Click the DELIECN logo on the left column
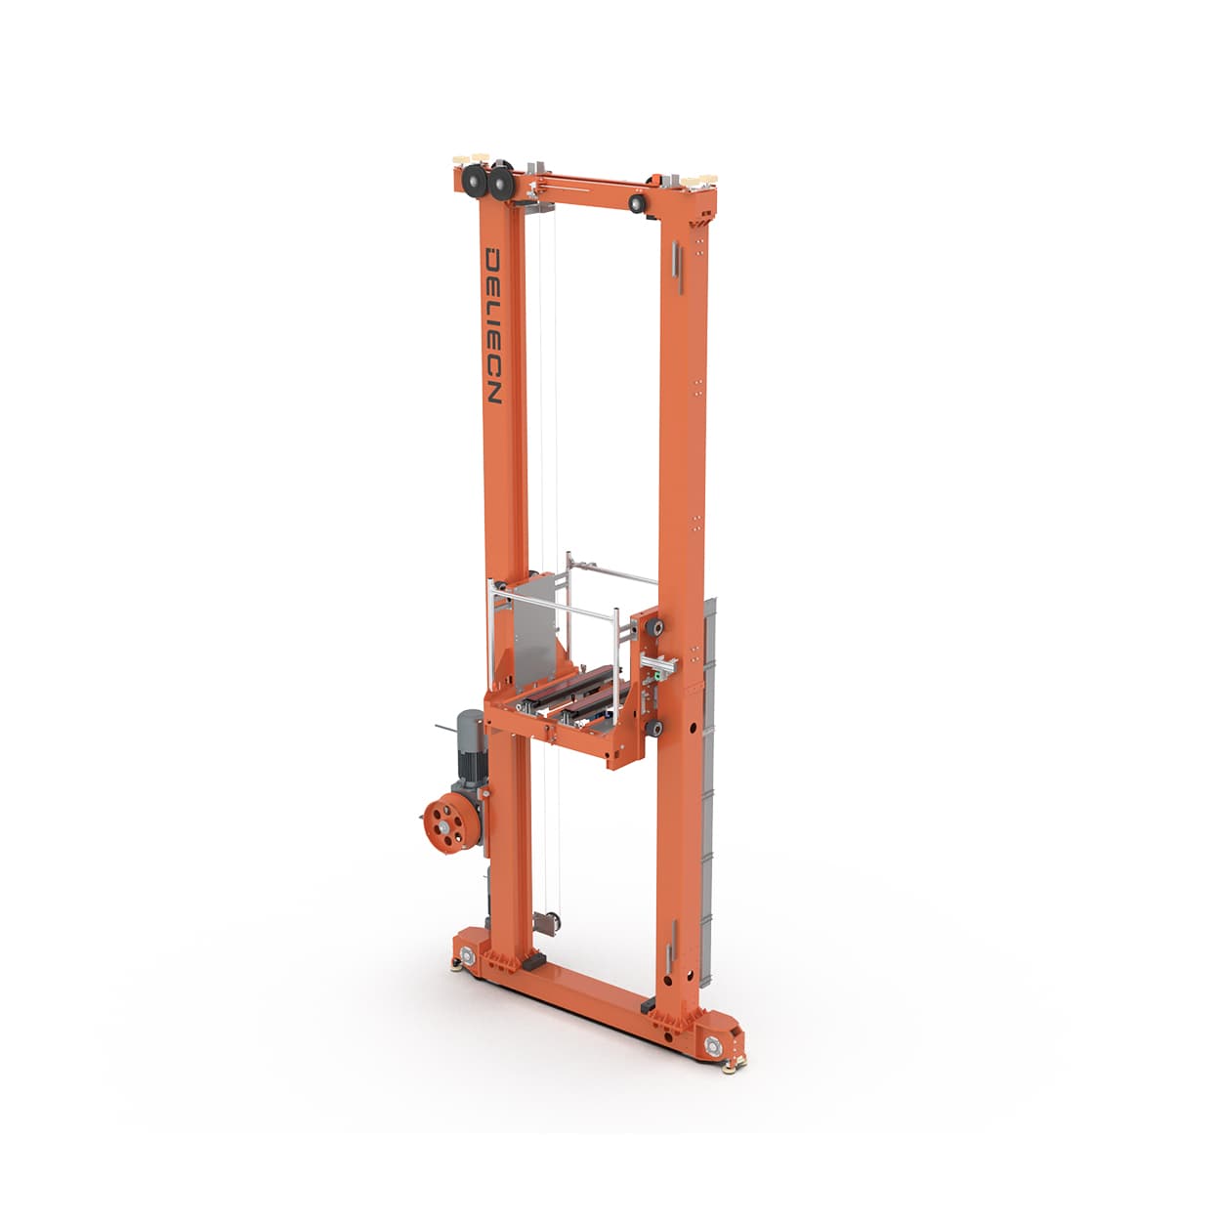coord(494,326)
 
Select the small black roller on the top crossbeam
coord(638,203)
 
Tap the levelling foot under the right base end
coord(729,1067)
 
